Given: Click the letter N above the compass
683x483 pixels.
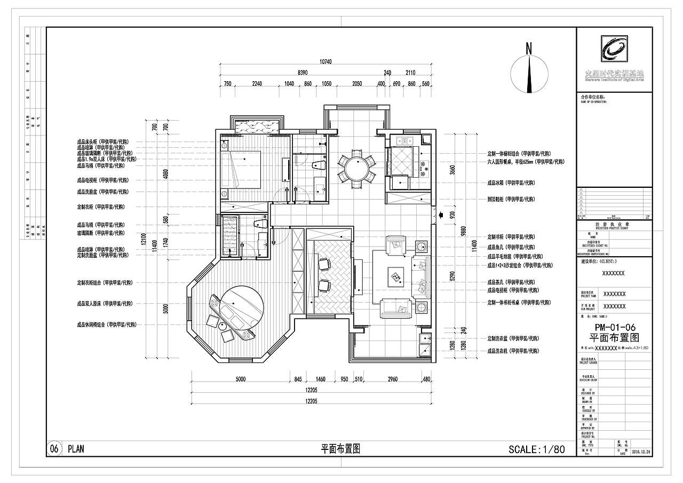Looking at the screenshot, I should coord(529,48).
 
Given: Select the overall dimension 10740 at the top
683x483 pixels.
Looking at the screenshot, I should coord(325,62).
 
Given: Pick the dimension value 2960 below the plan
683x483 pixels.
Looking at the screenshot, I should coord(392,379).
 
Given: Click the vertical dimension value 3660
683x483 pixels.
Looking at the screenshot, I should coord(452,170).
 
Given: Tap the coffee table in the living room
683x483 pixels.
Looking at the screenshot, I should coord(395,276).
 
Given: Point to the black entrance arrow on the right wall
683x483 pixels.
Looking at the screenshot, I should coord(440,215).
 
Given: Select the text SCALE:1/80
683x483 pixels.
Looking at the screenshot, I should coord(536,449).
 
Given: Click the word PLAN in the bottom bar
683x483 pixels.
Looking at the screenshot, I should coord(76,449).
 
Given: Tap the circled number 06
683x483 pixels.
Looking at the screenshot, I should coord(54,449).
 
